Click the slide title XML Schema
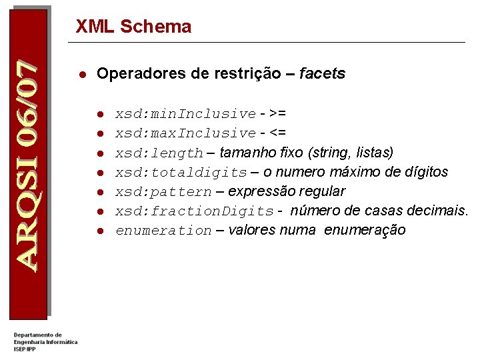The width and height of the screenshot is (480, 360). [x=133, y=27]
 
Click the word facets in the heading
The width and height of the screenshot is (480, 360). [x=323, y=74]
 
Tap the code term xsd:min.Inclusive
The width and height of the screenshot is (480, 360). [x=185, y=114]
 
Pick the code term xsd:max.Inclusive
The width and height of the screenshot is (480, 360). [x=185, y=133]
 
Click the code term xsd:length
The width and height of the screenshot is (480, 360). [x=159, y=153]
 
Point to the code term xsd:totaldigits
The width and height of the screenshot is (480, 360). [x=181, y=173]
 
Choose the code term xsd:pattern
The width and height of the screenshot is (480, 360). [x=163, y=192]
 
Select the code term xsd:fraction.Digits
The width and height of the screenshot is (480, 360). [x=195, y=211]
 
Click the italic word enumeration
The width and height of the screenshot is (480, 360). [x=163, y=231]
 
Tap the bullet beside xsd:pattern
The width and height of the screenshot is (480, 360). [x=99, y=192]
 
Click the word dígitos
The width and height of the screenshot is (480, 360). [x=424, y=173]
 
